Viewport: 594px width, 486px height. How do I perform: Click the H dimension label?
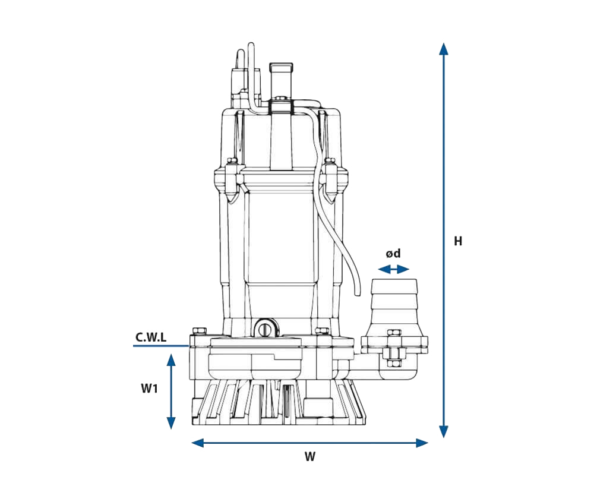pyautogui.click(x=458, y=241)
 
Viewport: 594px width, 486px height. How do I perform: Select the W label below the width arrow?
pyautogui.click(x=309, y=457)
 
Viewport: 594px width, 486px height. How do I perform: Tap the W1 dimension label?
pyautogui.click(x=149, y=389)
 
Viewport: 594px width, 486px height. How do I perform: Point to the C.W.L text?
pyautogui.click(x=151, y=337)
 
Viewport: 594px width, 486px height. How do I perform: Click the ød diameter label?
pyautogui.click(x=393, y=254)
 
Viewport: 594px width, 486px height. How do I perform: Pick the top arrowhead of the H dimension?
pyautogui.click(x=443, y=48)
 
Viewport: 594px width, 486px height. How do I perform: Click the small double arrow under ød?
pyautogui.click(x=393, y=269)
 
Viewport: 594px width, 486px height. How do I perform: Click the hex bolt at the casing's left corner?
pyautogui.click(x=198, y=330)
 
